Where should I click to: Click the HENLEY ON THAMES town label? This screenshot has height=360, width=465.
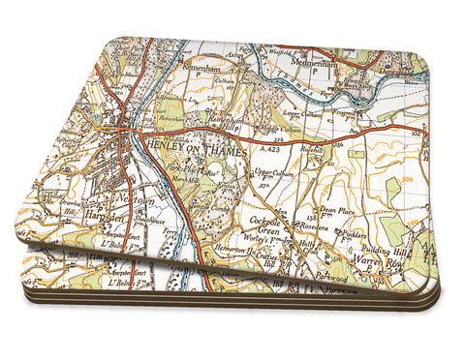[185, 146]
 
